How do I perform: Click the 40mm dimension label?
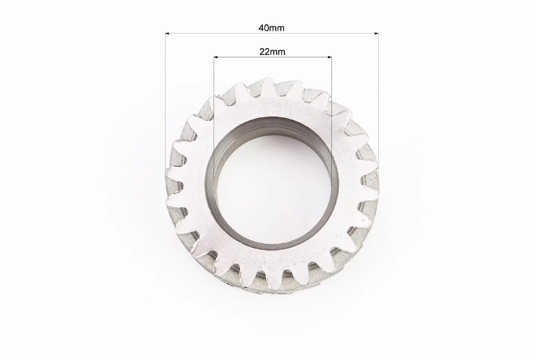[272, 28]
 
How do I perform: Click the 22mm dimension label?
[272, 52]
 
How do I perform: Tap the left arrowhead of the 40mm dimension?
[167, 33]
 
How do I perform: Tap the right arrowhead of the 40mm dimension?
[376, 33]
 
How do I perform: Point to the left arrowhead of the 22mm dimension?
[216, 57]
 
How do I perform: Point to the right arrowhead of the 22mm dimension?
[330, 57]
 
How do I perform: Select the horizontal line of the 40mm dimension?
[272, 33]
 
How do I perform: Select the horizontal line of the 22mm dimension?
[273, 57]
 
